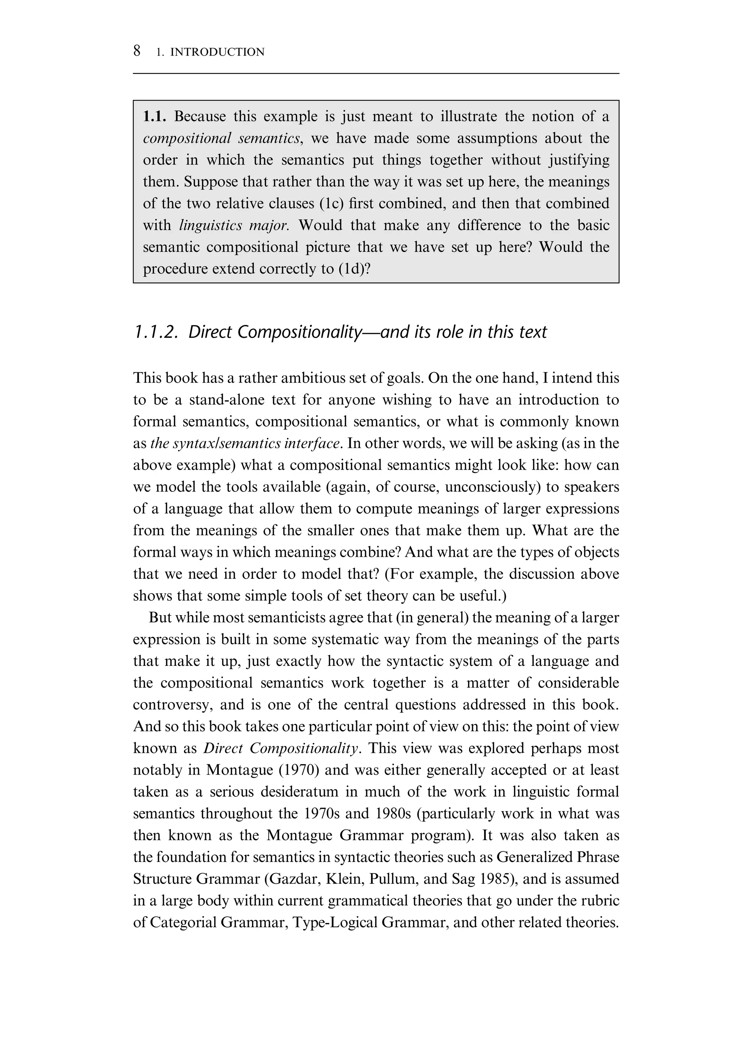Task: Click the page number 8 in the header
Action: tap(137, 51)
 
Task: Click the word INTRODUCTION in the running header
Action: tap(217, 52)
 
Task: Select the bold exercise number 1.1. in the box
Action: tap(154, 116)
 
